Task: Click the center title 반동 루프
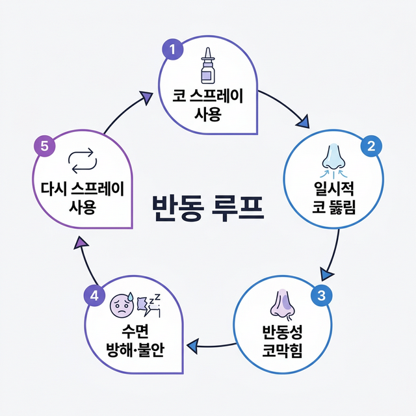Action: coord(207,207)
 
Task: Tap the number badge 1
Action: coord(172,51)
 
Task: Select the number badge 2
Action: coord(371,146)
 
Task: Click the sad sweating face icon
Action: coord(122,304)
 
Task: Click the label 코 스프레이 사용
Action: coord(207,107)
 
